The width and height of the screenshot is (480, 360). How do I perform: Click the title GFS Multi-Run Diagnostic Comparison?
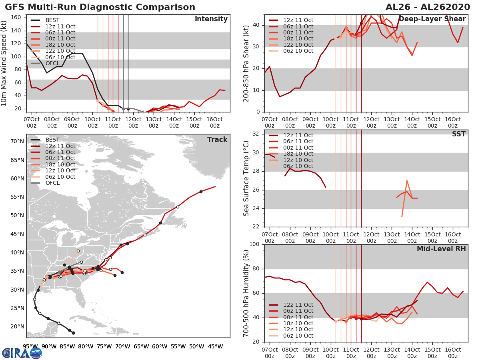point(100,7)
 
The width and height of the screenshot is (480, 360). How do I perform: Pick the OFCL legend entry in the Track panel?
point(52,183)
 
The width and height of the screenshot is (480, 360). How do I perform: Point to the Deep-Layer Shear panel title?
point(432,19)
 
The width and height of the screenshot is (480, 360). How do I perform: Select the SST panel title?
point(458,134)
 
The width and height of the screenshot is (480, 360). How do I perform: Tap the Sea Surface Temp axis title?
point(247,178)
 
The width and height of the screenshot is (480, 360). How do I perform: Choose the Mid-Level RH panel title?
point(441,249)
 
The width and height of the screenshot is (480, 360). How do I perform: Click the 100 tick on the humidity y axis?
point(254,244)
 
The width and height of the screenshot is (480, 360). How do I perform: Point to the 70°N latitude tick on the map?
point(17,141)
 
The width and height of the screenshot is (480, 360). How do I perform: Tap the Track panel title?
point(217,140)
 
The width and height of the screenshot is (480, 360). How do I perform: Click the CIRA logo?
point(22,353)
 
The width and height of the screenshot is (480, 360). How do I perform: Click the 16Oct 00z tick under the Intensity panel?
point(214,123)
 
